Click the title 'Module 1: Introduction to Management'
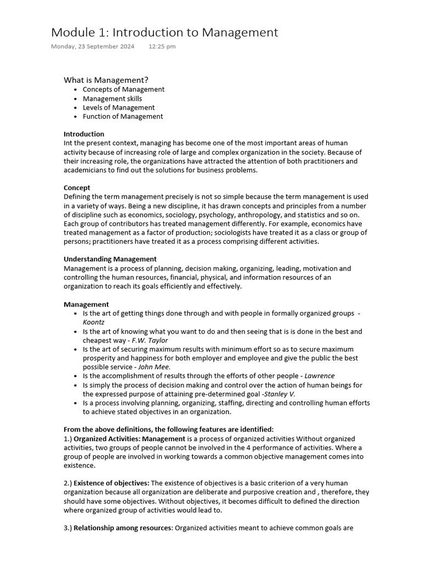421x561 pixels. [x=164, y=33]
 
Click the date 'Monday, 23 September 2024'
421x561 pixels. [x=93, y=47]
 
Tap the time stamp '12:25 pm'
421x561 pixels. [x=162, y=47]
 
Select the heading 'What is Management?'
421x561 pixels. [x=106, y=80]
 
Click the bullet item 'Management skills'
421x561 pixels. [x=112, y=99]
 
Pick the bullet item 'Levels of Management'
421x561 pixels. [x=118, y=107]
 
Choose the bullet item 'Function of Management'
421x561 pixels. [x=123, y=116]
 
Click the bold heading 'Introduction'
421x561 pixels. [x=84, y=134]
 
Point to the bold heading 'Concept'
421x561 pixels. [x=77, y=188]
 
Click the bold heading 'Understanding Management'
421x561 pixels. [x=110, y=259]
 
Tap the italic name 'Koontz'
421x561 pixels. [x=94, y=322]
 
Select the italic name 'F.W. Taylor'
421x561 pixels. [x=150, y=340]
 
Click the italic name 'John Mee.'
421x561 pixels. [x=154, y=367]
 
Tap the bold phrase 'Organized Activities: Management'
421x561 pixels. [x=129, y=439]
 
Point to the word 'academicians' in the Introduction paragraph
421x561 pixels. [x=87, y=170]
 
